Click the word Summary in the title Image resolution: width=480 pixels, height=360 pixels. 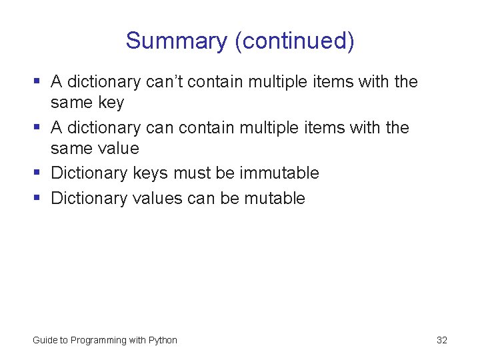pos(177,41)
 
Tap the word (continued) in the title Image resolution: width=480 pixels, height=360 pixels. pos(294,41)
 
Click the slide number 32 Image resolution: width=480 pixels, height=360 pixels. pos(442,340)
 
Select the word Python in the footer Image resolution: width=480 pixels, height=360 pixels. pos(163,340)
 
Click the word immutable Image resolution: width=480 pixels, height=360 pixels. pos(279,173)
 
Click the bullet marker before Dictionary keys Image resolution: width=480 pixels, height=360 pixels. pos(37,173)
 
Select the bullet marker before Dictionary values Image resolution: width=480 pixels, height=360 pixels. pos(37,198)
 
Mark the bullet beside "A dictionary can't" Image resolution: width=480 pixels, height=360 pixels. pos(37,82)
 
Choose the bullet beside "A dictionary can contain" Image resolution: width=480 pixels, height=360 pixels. pos(37,127)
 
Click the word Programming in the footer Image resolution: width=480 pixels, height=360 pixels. pos(99,340)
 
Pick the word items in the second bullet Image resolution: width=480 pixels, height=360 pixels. pos(329,127)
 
